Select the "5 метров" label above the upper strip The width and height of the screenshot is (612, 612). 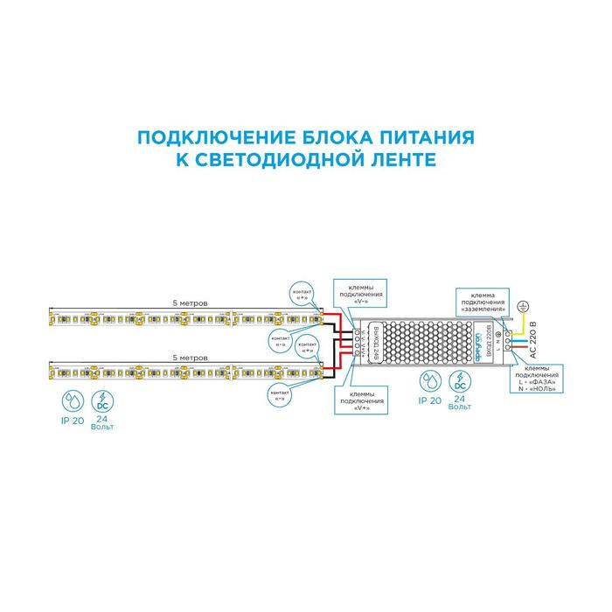pos(191,303)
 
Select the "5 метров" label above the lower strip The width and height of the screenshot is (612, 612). pos(191,358)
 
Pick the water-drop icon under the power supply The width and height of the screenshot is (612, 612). pos(428,380)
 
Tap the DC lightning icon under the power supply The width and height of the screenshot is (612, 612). pos(460,380)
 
